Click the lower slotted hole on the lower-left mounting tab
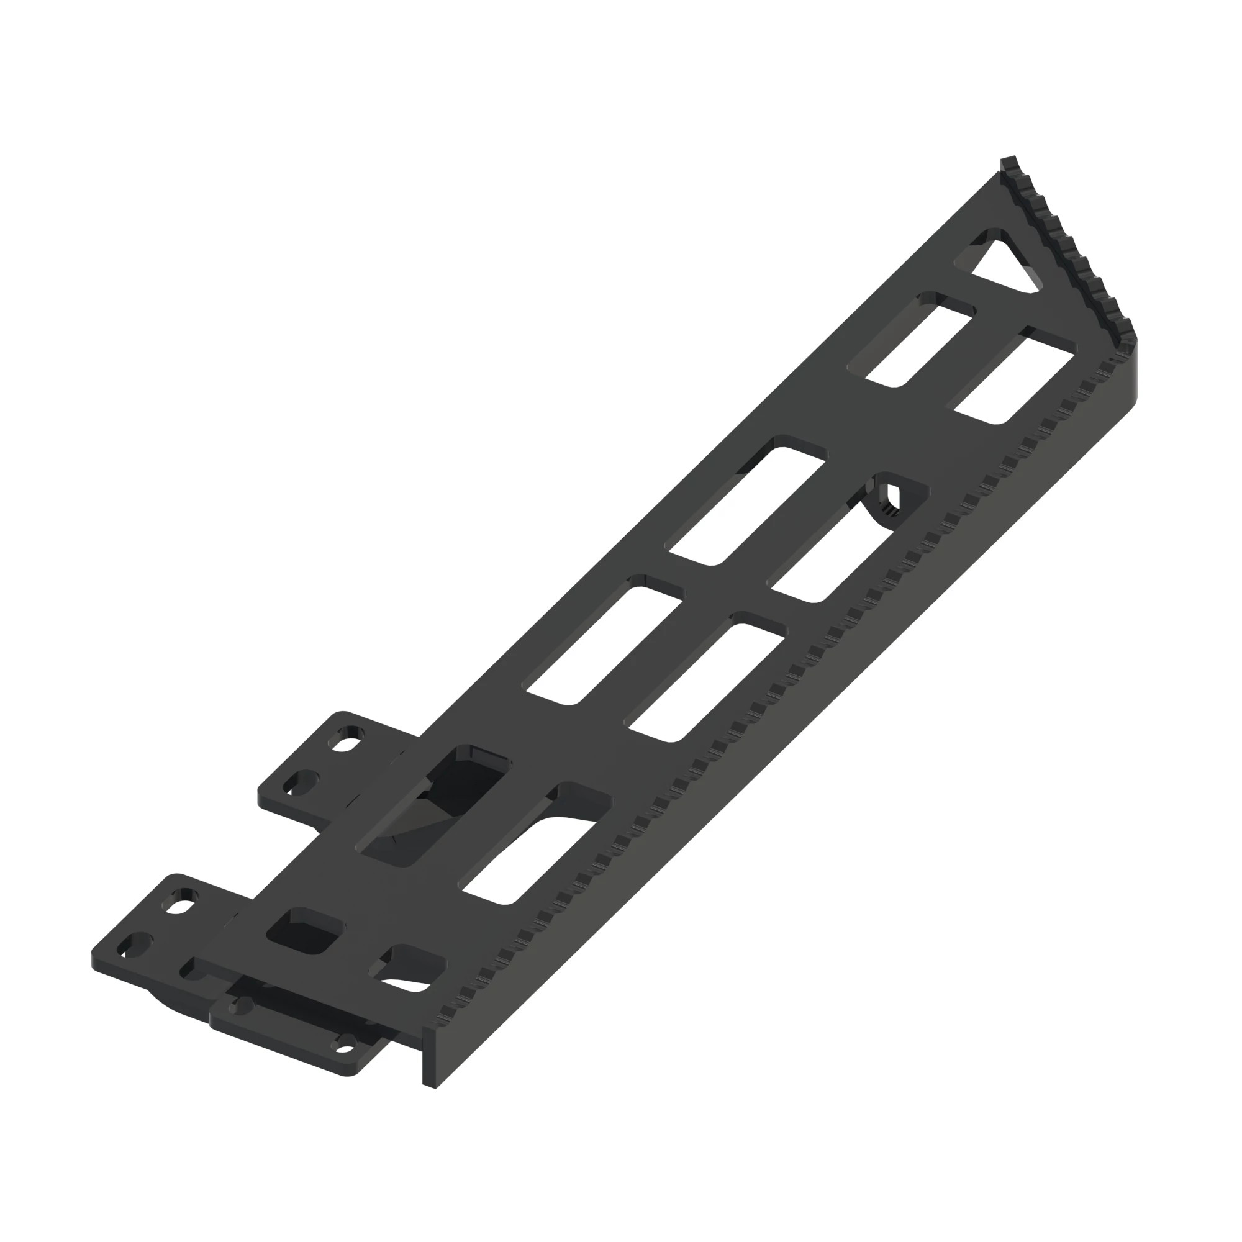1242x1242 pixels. (x=135, y=946)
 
